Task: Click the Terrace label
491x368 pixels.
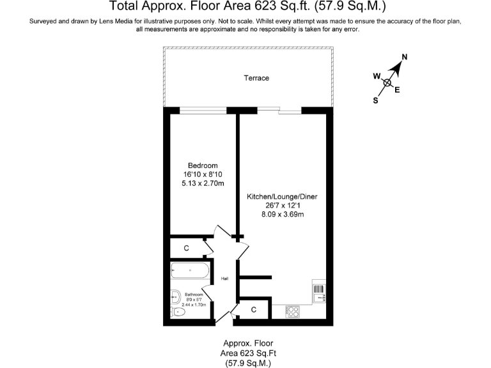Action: point(256,78)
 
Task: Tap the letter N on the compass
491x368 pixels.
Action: point(404,57)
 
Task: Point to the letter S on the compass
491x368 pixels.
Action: point(375,100)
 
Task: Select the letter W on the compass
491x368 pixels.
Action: point(377,76)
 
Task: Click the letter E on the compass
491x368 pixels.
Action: point(397,90)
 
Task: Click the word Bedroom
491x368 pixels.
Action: point(202,165)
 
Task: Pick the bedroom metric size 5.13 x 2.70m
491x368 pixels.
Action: point(202,183)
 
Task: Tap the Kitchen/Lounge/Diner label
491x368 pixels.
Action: point(282,197)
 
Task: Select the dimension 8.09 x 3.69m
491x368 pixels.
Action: point(282,215)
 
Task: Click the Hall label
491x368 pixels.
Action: point(224,279)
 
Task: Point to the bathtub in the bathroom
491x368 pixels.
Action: point(190,272)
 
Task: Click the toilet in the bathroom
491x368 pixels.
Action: point(178,311)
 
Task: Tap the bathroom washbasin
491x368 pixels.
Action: point(175,296)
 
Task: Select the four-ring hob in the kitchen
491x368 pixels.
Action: point(293,311)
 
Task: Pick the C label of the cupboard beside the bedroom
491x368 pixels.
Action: point(186,247)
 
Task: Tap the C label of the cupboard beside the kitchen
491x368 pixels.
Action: point(254,310)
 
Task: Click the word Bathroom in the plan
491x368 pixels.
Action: point(194,295)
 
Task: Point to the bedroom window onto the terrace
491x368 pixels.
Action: point(203,111)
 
